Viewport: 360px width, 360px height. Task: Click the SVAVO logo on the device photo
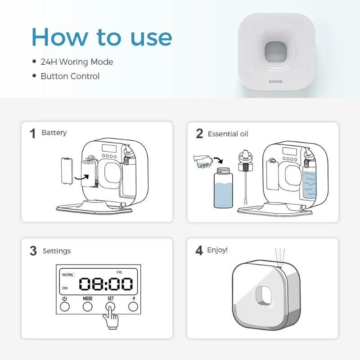click(275, 81)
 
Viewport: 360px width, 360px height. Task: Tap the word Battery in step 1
click(54, 133)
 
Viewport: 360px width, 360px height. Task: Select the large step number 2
click(199, 133)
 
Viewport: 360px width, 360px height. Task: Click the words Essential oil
click(228, 134)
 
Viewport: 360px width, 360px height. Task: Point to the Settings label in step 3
click(57, 251)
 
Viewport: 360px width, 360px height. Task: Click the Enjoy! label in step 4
click(217, 250)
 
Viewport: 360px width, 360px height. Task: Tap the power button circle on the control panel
click(64, 306)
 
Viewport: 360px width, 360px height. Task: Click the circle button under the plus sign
click(133, 306)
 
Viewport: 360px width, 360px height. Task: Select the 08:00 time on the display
click(106, 284)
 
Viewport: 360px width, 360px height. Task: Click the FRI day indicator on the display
click(119, 272)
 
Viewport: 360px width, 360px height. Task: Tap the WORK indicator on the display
click(67, 274)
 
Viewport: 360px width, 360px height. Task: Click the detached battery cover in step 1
click(67, 171)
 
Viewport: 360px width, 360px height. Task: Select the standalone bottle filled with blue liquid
click(223, 188)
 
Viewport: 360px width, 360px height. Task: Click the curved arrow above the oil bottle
click(218, 160)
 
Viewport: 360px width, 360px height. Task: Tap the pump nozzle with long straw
click(245, 177)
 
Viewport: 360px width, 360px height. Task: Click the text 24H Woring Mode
click(76, 62)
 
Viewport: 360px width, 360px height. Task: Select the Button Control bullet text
click(70, 76)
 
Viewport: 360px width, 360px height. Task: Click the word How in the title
click(60, 37)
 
